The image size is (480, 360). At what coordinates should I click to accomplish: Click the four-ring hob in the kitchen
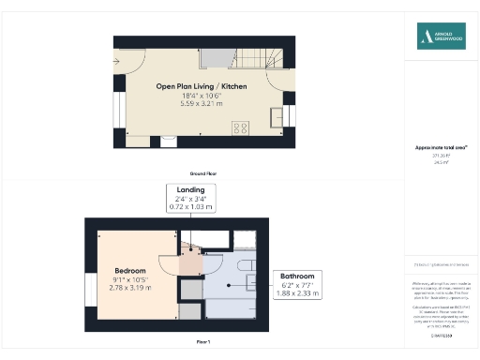240,128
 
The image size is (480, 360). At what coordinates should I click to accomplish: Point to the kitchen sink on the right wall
277,116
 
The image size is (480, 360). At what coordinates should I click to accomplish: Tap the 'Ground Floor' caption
204,173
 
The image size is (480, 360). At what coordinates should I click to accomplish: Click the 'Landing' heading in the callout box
190,189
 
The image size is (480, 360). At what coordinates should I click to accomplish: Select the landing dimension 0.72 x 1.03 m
190,205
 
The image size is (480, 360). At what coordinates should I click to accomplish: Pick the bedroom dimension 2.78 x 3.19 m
130,286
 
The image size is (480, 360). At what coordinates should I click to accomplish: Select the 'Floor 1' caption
203,342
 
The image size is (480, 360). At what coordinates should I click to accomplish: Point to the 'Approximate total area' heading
441,147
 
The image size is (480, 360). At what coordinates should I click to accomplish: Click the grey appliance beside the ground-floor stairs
215,58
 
